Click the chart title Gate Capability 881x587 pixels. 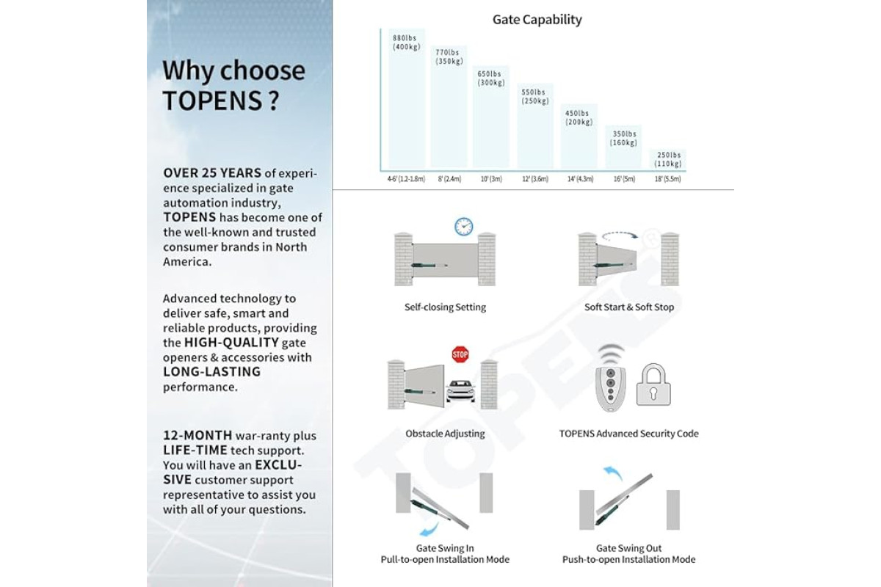click(537, 20)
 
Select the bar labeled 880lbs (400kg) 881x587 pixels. click(407, 98)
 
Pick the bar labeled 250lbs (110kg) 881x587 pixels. click(668, 159)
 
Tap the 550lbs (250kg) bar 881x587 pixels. click(535, 126)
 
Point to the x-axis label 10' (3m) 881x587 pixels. click(491, 179)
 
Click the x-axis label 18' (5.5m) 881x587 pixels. click(667, 179)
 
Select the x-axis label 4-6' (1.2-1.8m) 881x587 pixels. click(406, 179)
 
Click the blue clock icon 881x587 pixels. click(464, 227)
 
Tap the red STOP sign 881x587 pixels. click(460, 354)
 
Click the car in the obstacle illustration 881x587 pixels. click(460, 390)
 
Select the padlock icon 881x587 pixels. click(653, 384)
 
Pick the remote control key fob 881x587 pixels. click(610, 389)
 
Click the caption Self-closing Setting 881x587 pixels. click(445, 307)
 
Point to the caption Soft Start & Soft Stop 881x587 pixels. click(629, 307)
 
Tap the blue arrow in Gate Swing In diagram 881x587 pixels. click(429, 530)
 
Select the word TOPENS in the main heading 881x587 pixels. click(212, 101)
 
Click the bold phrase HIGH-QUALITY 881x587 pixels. click(232, 343)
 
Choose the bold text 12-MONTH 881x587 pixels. click(197, 435)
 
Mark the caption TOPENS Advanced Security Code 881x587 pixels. click(629, 434)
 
